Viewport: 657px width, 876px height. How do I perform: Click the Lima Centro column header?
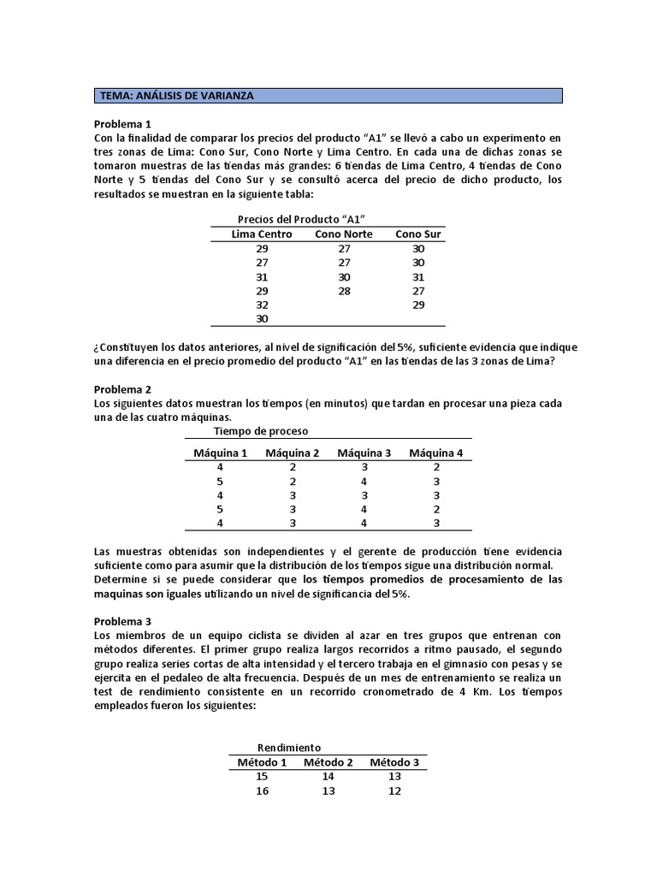coord(262,234)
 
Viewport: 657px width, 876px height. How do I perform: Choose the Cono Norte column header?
coord(344,234)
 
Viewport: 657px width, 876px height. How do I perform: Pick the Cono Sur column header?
coord(417,234)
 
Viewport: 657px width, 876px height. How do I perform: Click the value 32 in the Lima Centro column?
coord(262,305)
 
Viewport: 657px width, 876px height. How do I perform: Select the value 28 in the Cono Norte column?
coord(344,291)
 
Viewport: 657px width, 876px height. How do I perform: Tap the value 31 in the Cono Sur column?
coord(417,276)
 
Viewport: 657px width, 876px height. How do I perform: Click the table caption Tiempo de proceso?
coord(261,430)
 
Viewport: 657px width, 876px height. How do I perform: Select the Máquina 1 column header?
coord(221,453)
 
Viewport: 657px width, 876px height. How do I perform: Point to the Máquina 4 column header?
coord(435,453)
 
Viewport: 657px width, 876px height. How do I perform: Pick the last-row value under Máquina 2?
coord(293,523)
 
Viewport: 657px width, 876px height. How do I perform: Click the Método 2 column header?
coord(328,762)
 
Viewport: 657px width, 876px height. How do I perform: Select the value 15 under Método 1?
coord(262,776)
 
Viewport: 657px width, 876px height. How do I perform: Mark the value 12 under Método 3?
coord(394,790)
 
